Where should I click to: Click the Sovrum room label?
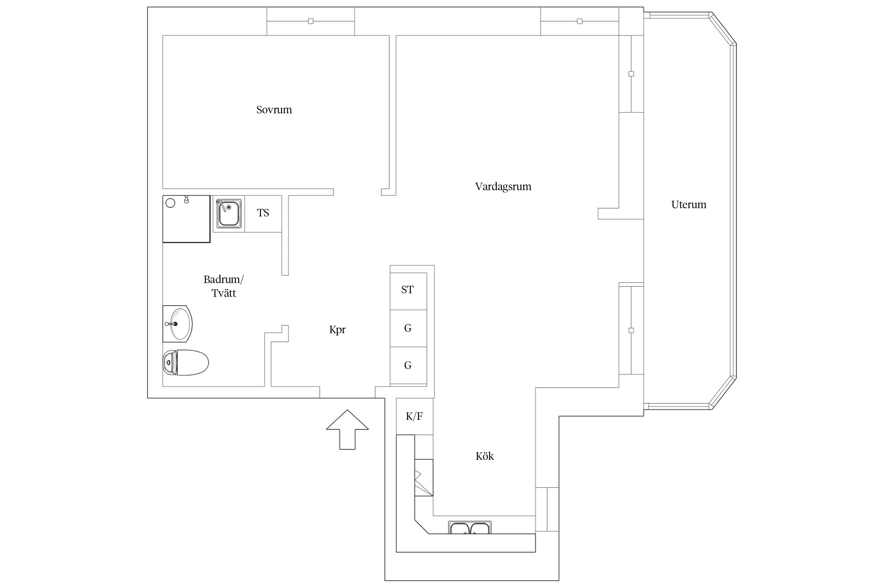coord(274,110)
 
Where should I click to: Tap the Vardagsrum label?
coord(503,187)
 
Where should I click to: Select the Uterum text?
coord(689,205)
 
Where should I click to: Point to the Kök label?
coord(485,456)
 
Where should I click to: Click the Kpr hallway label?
coord(337,330)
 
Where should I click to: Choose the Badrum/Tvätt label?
coord(224,286)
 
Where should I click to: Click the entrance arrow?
coord(347,430)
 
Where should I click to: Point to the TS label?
coord(263,213)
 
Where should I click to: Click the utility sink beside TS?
coord(229,214)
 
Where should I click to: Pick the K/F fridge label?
coord(414,416)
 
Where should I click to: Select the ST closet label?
coord(407,290)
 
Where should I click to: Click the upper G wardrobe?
coord(408,328)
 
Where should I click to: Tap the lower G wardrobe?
coord(408,365)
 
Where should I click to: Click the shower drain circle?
coord(170,203)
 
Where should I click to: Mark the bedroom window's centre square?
coord(311,21)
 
